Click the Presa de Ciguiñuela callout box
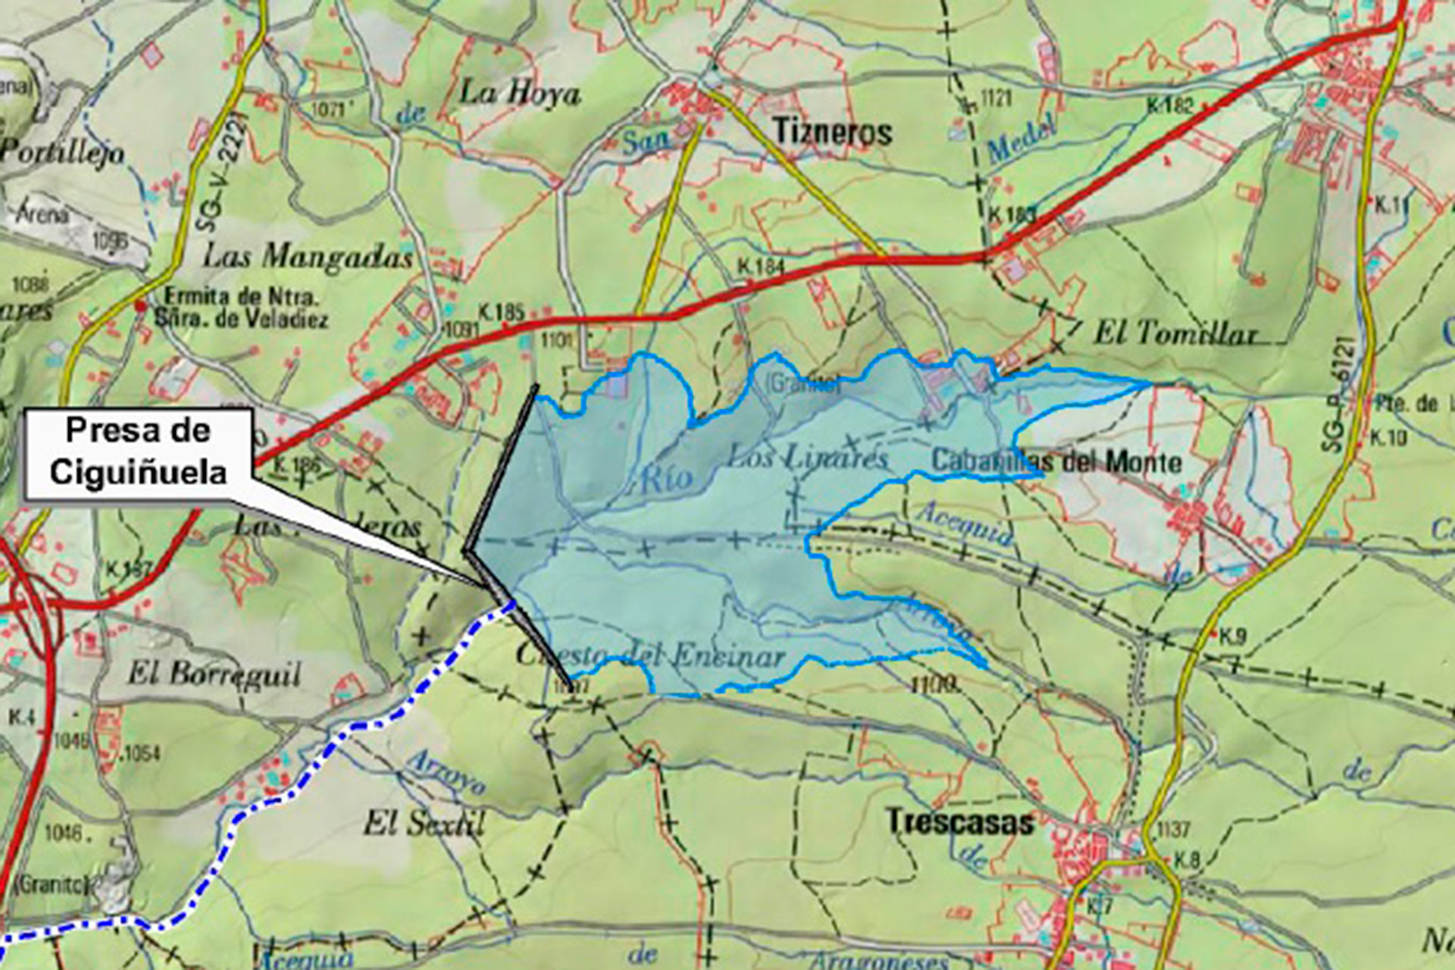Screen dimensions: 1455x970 [x=139, y=452]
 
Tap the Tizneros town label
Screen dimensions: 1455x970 [x=832, y=133]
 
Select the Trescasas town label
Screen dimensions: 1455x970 [x=959, y=822]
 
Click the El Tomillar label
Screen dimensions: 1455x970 [x=1175, y=333]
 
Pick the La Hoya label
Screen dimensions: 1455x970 [x=519, y=94]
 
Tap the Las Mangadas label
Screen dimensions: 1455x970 [x=307, y=257]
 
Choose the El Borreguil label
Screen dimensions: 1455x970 [x=214, y=674]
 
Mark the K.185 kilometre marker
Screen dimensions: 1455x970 [x=501, y=311]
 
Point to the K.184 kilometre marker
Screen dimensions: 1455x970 [x=761, y=267]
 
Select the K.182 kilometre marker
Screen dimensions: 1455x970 [x=1169, y=105]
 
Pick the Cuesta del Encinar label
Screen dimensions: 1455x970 [x=650, y=656]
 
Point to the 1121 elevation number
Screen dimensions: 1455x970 [x=996, y=98]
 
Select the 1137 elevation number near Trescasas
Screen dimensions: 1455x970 [x=1172, y=829]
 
